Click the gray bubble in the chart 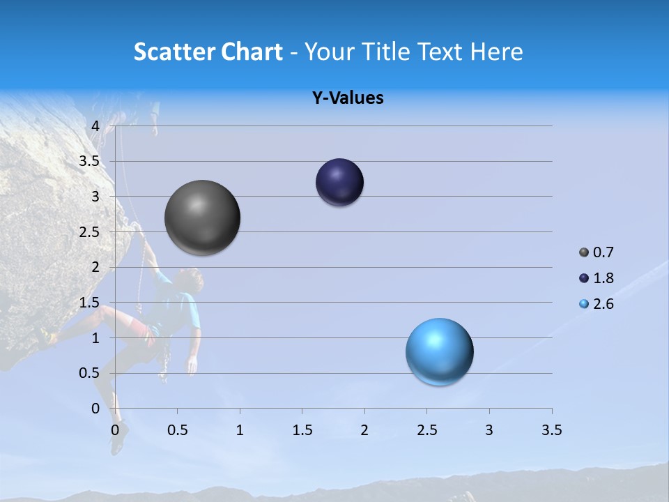pyautogui.click(x=202, y=218)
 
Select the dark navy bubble pyautogui.click(x=339, y=182)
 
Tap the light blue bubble pyautogui.click(x=439, y=351)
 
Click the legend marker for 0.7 pyautogui.click(x=584, y=252)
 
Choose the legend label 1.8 pyautogui.click(x=603, y=278)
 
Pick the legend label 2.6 pyautogui.click(x=603, y=304)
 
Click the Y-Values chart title pyautogui.click(x=347, y=98)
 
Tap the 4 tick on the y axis pyautogui.click(x=95, y=126)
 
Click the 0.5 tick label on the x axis pyautogui.click(x=178, y=430)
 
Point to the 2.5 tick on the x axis pyautogui.click(x=426, y=430)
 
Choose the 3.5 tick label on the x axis pyautogui.click(x=551, y=430)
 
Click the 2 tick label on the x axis pyautogui.click(x=364, y=430)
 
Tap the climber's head pyautogui.click(x=191, y=280)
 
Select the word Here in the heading pyautogui.click(x=497, y=52)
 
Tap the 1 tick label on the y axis pyautogui.click(x=95, y=338)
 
